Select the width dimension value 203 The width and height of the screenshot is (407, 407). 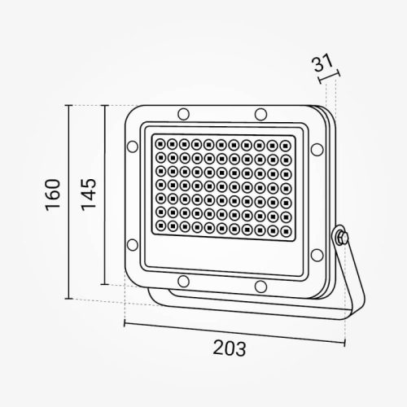(230, 348)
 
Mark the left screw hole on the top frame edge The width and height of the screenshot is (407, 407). (183, 112)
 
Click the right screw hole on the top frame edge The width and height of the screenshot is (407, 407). (260, 112)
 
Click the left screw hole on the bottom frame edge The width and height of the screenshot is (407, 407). (183, 283)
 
